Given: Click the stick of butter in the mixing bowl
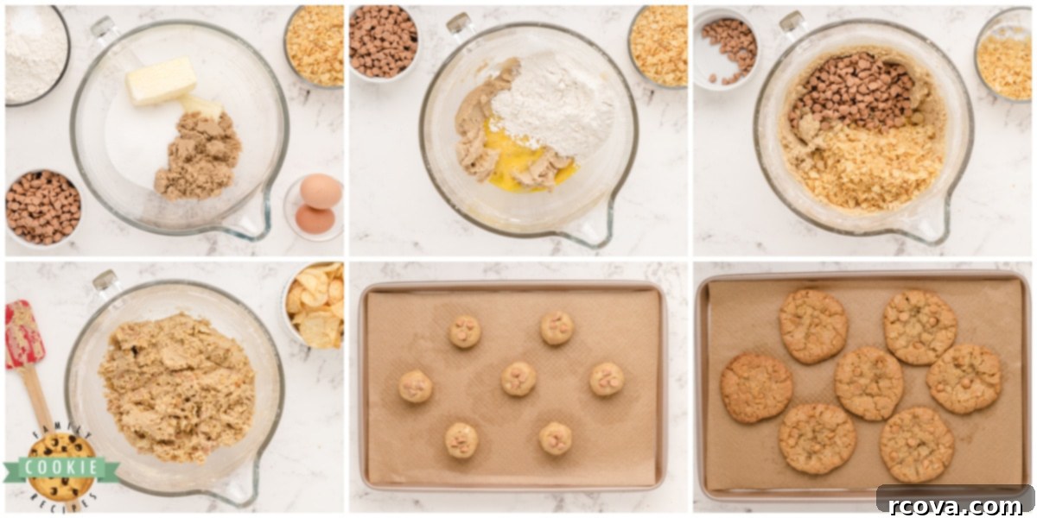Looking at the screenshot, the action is coord(161,81).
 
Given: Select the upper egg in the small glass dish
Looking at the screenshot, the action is coord(321,191).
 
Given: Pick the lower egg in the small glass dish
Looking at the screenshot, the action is coord(315,218).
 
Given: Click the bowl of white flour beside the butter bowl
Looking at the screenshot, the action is coord(35,54).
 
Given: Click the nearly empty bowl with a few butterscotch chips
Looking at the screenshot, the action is coord(726,48).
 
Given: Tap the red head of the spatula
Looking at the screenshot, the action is coord(23,334).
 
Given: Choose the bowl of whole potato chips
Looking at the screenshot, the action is coord(314,306).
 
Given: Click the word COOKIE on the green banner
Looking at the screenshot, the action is coord(61,468).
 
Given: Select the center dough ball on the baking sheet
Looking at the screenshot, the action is coord(518,379).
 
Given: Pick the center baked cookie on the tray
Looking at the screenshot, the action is coord(869,383).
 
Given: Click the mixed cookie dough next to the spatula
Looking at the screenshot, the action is coord(177,388).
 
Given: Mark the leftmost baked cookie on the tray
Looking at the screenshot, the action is coord(755,388).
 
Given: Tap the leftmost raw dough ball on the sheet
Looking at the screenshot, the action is coord(416,386).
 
